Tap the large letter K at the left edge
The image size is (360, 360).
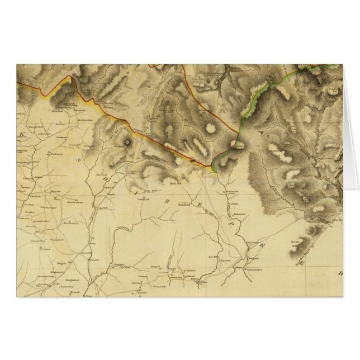pos(23,135)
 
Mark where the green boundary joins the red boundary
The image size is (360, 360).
pos(214,167)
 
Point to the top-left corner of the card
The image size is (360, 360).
pos(17,64)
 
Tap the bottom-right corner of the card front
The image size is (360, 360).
pos(343,297)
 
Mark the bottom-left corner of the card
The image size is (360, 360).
pos(17,297)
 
